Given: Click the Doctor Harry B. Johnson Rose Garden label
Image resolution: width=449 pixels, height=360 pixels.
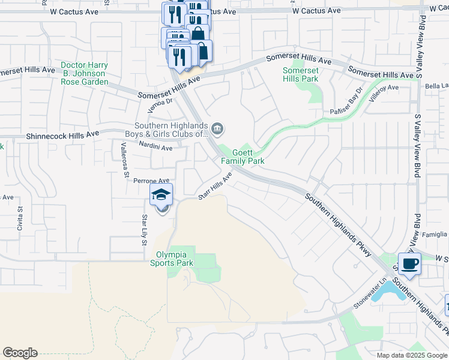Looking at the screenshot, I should (85, 73).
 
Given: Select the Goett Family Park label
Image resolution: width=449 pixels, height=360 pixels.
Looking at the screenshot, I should (243, 157).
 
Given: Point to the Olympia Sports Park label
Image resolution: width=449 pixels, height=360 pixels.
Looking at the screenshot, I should (175, 259).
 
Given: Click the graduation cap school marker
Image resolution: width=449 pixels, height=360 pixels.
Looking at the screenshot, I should (161, 195).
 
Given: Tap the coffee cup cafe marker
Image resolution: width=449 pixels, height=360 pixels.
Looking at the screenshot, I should (410, 264).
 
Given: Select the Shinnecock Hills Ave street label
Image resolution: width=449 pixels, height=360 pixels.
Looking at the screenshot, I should (58, 137).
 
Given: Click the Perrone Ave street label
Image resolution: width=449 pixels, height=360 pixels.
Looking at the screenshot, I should (151, 181).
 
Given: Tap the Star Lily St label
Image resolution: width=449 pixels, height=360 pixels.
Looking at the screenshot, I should (145, 227).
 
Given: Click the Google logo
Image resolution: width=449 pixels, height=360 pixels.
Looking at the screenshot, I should (20, 353).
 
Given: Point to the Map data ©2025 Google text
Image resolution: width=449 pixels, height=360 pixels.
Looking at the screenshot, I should (411, 355).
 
